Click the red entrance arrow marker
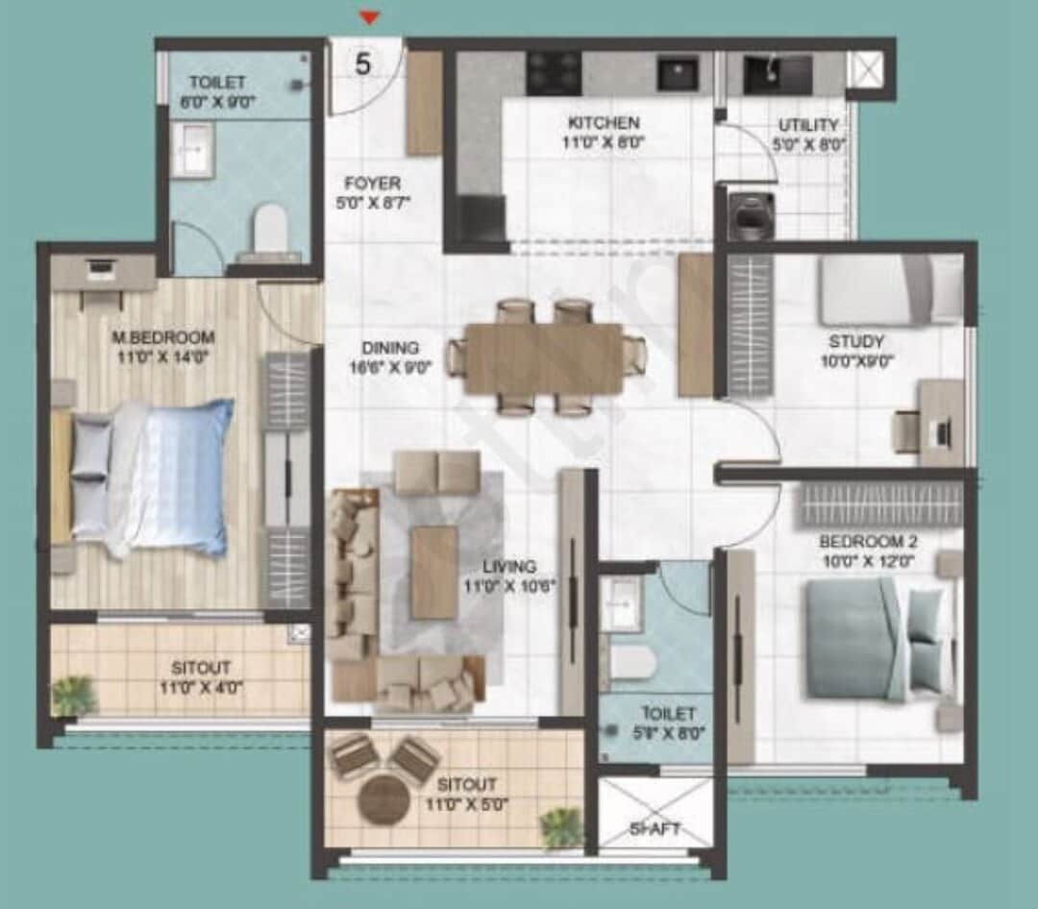tap(370, 16)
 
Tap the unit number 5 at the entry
tap(363, 64)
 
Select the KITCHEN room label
tap(604, 123)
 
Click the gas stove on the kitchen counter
tap(554, 71)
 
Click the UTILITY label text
tap(808, 125)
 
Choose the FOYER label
tap(374, 183)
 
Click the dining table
tap(544, 357)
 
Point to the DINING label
tap(390, 348)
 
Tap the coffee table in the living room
tap(434, 572)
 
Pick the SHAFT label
tap(655, 828)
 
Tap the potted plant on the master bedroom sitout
tap(75, 695)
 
